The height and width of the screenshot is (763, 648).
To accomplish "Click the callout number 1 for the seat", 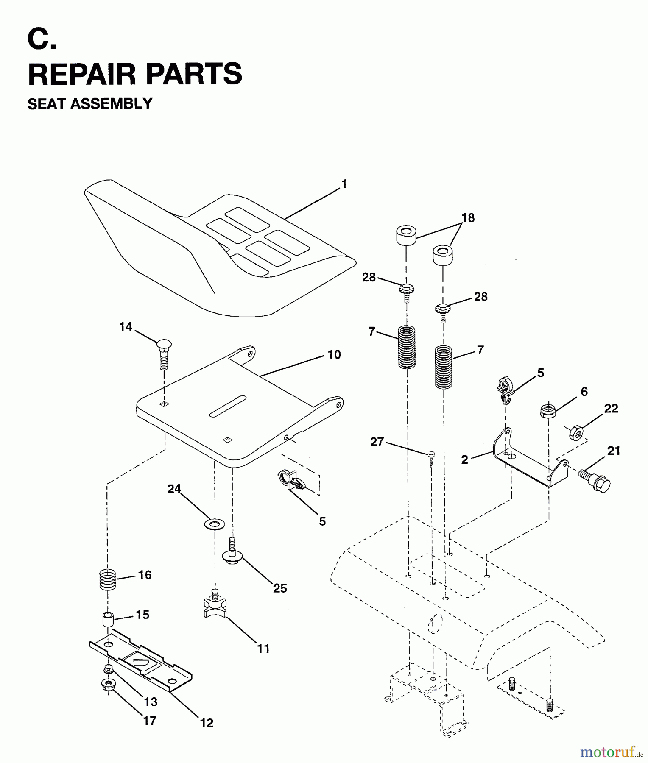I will tap(344, 184).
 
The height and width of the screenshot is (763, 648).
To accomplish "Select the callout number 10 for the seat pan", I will tap(334, 355).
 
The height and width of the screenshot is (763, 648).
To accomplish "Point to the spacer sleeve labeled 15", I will tap(107, 621).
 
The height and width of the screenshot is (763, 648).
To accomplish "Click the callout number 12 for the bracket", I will tap(207, 723).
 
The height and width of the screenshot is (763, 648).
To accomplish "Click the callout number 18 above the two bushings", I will tap(468, 218).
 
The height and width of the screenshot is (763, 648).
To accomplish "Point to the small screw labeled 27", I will tap(431, 458).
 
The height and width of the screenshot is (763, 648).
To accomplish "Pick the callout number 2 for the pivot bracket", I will tap(465, 459).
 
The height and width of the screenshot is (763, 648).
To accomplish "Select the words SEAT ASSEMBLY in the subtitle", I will tap(90, 104).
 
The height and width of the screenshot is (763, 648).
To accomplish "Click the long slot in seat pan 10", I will tap(227, 407).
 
